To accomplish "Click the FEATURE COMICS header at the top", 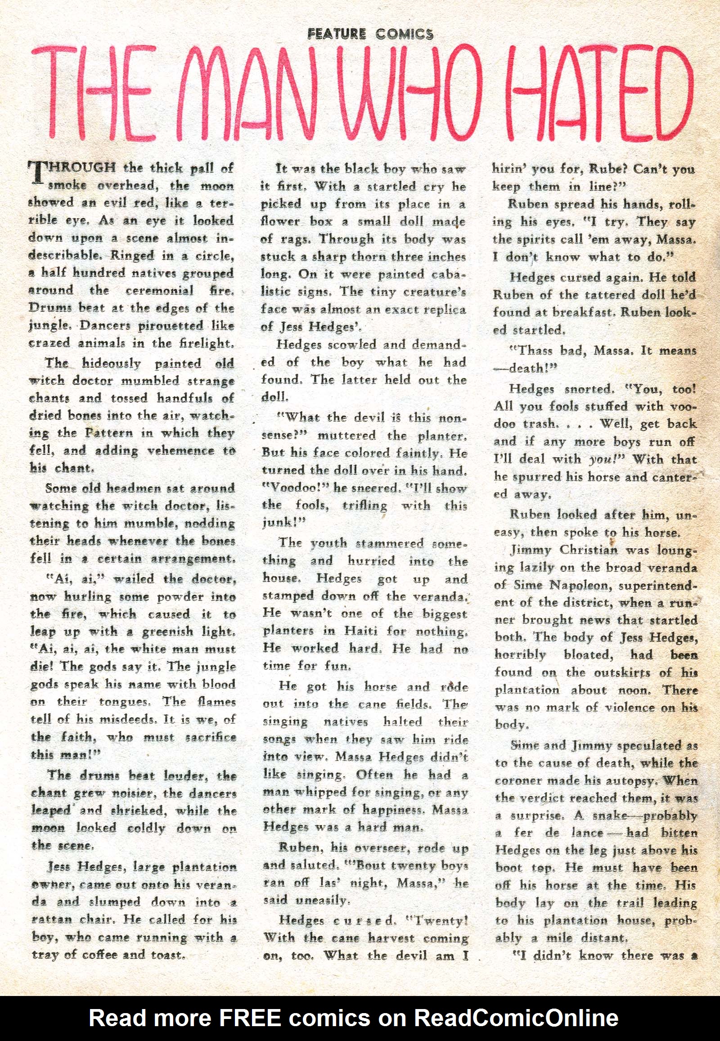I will pyautogui.click(x=370, y=34).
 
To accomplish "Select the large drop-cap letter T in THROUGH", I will pyautogui.click(x=37, y=173).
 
